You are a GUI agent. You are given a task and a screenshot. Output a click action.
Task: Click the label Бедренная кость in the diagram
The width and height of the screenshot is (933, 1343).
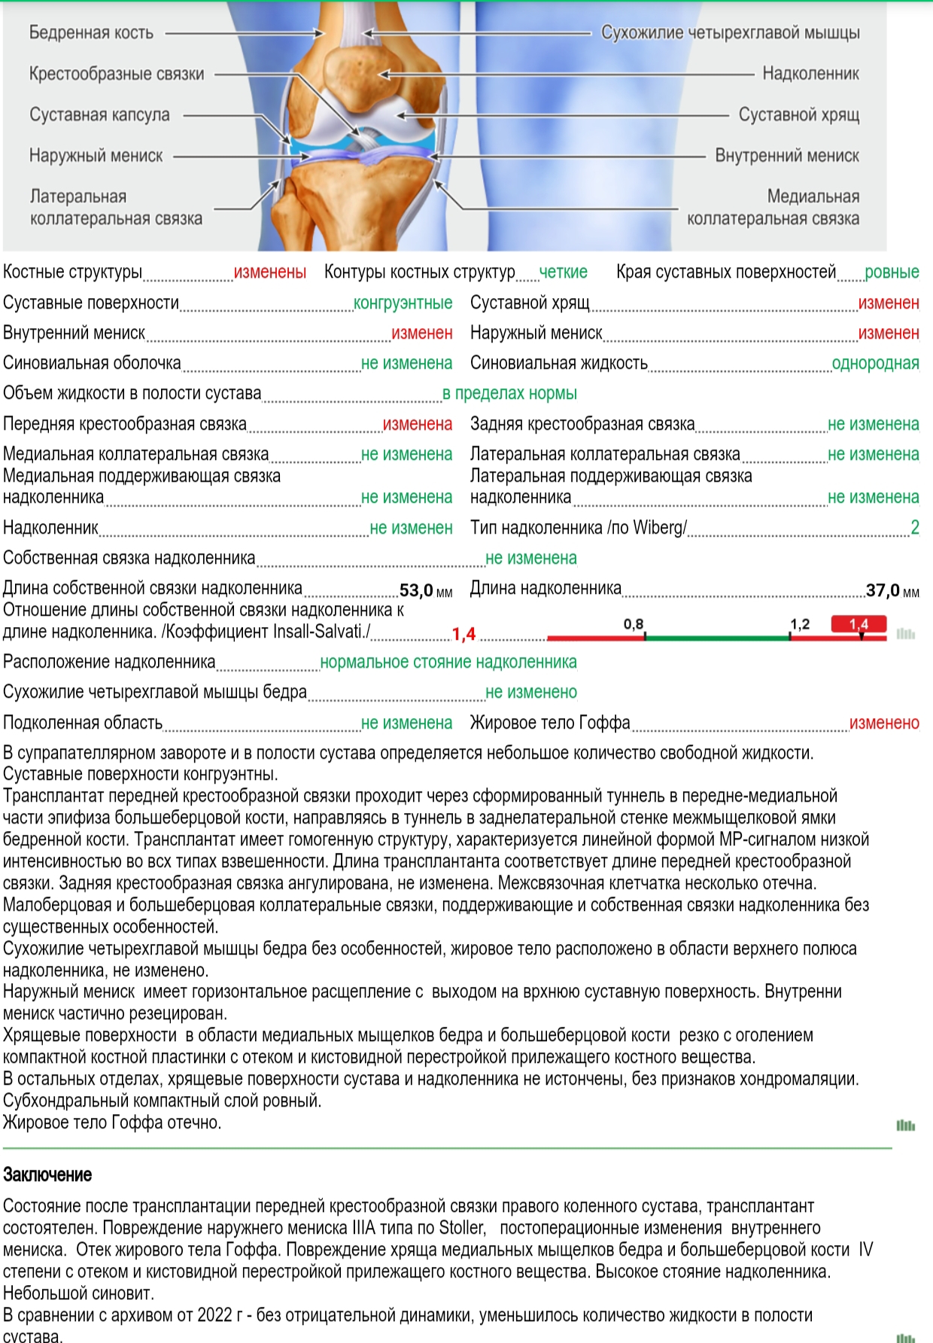[91, 32]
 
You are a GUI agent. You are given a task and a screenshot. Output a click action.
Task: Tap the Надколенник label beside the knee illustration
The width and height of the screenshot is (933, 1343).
[810, 73]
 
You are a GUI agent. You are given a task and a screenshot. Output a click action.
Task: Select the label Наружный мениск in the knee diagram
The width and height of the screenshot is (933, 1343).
[96, 156]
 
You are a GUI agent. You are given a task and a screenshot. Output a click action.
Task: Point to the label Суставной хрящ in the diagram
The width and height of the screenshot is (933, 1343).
[798, 114]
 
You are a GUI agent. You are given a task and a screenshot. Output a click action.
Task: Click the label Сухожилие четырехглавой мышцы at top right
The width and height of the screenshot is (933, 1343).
[730, 32]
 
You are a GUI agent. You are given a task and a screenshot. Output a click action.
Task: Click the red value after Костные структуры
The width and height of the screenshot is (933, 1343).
[270, 272]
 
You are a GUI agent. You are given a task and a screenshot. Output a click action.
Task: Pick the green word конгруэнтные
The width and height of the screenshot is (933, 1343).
[403, 303]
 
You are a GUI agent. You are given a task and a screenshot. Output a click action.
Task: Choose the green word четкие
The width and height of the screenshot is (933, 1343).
[564, 272]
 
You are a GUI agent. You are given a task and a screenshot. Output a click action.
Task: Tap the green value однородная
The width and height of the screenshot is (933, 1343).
[875, 363]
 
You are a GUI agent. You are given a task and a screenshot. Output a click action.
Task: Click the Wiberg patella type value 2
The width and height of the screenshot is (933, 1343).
[914, 527]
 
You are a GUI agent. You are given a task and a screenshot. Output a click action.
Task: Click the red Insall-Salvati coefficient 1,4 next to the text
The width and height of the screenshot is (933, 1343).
[463, 634]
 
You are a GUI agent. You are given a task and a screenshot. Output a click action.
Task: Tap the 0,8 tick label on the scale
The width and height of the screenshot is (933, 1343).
[634, 624]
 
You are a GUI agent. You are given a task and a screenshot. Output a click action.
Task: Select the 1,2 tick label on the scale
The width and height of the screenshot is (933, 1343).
[800, 624]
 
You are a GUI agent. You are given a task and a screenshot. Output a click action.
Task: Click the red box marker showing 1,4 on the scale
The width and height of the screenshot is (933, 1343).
[859, 624]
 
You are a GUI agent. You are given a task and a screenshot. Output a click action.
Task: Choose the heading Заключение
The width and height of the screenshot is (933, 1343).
[47, 1174]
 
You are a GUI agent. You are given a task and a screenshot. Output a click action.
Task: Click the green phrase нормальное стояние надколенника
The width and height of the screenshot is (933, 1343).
[448, 662]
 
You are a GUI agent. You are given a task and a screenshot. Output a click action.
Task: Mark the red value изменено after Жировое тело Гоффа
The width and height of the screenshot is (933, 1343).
[884, 723]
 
